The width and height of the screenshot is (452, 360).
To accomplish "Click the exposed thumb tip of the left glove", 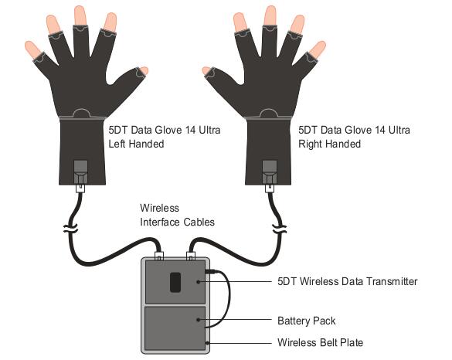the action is (144, 71).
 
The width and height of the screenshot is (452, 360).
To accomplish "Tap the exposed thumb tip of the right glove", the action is (207, 71).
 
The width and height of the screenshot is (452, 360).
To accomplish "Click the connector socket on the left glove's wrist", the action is (80, 172).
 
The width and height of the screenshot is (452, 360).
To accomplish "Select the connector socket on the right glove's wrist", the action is (269, 172).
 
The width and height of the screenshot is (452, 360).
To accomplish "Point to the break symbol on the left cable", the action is (70, 228).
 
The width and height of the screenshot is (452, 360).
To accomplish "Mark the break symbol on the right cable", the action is (280, 228).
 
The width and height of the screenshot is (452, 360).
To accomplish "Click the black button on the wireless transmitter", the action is (175, 283).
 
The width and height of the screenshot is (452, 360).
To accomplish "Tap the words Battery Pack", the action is (307, 321).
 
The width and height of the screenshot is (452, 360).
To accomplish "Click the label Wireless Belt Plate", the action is (320, 343).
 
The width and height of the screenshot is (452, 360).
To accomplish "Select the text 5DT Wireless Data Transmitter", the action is (348, 281).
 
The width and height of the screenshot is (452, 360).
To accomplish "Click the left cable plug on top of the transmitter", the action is (159, 256).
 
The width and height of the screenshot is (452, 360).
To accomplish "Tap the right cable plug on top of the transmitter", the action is (191, 256).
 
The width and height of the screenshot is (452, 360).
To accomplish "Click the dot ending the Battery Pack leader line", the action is (199, 320).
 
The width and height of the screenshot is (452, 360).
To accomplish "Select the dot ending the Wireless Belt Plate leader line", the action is (207, 343).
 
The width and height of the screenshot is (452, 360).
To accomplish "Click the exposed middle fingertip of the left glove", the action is (80, 15).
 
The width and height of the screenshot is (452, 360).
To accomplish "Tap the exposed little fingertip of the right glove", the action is (318, 49).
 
